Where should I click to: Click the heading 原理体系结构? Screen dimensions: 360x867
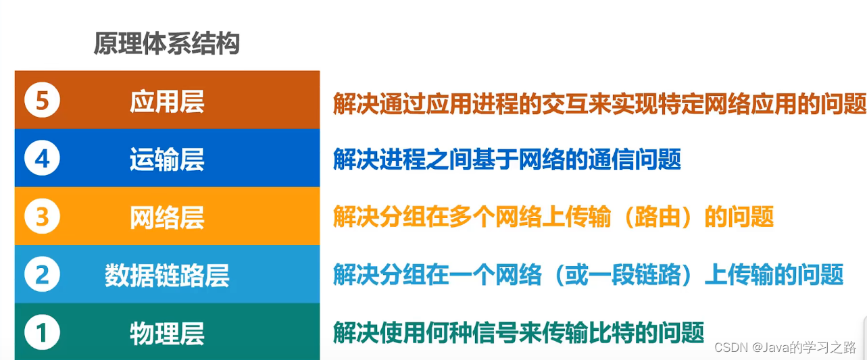(166, 45)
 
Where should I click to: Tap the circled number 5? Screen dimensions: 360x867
(42, 101)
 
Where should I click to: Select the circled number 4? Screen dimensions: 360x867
(42, 159)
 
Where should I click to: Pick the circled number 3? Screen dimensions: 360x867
(42, 217)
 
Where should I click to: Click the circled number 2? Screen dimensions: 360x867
(42, 275)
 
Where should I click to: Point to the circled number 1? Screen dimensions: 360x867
(42, 332)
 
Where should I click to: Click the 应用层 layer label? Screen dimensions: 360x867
(167, 101)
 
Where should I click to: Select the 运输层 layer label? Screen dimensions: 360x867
(167, 159)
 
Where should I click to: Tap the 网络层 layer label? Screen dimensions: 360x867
(167, 217)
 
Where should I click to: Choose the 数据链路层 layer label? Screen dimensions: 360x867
(167, 276)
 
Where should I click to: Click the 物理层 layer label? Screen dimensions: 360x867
(167, 333)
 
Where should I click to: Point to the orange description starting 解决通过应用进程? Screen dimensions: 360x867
(599, 103)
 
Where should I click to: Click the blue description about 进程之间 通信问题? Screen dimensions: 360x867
(507, 160)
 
